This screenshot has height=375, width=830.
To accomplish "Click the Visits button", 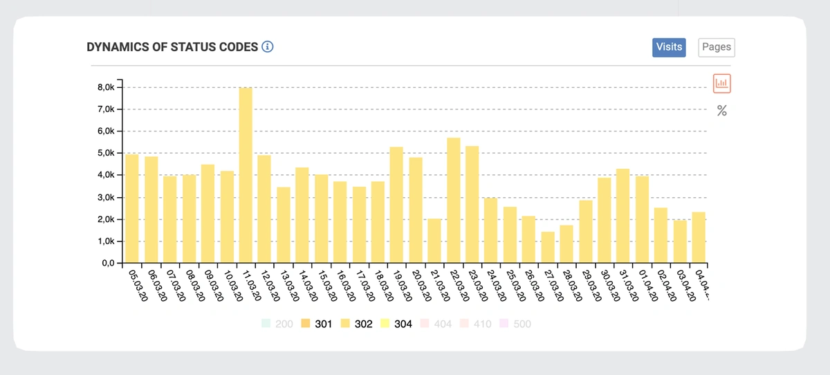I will click(x=669, y=47).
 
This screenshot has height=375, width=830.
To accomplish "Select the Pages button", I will click(x=716, y=47).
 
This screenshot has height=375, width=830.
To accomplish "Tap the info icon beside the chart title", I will click(x=268, y=47).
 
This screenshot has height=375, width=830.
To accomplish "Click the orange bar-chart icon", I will click(x=721, y=84).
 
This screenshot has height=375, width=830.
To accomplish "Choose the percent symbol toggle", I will click(x=721, y=111).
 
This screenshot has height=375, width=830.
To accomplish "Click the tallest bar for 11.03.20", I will click(x=246, y=176).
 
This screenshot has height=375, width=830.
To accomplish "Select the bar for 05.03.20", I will click(x=132, y=208).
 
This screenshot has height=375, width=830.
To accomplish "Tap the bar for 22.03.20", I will click(x=453, y=201).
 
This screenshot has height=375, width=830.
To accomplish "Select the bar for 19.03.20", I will click(x=396, y=205).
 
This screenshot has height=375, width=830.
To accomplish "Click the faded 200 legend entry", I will click(x=277, y=323).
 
